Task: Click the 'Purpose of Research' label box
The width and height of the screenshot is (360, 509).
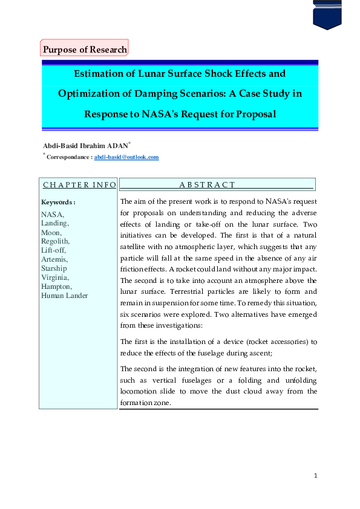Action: click(x=85, y=50)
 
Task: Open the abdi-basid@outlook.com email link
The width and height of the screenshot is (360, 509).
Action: click(x=126, y=157)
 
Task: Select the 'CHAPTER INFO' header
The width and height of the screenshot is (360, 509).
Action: click(x=79, y=184)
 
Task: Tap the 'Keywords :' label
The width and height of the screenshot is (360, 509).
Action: click(x=58, y=202)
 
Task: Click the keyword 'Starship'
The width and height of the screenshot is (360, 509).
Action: click(x=54, y=268)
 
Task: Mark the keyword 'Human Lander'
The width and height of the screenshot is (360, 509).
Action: click(x=64, y=296)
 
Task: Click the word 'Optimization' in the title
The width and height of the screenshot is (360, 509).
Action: click(x=90, y=94)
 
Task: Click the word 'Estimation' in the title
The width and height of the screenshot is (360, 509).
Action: click(x=101, y=74)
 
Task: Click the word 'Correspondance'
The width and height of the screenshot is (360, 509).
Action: click(x=69, y=157)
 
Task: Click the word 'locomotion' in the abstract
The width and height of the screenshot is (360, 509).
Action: click(x=142, y=391)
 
